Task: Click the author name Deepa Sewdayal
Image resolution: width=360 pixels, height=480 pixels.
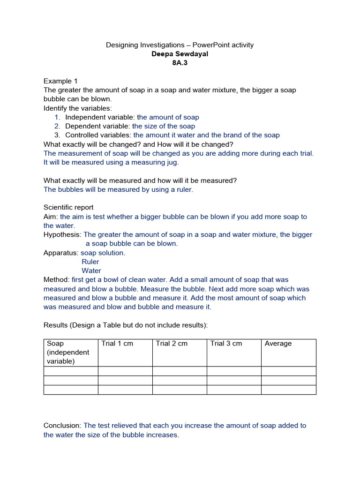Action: coord(180,54)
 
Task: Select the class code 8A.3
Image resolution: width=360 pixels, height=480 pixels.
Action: coord(180,63)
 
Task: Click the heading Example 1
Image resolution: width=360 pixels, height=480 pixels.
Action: coord(58,81)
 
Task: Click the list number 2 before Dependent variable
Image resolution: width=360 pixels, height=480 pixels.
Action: coord(57,126)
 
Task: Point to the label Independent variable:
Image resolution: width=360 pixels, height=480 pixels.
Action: coord(100,117)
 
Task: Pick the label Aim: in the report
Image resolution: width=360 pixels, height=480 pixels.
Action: coord(51,217)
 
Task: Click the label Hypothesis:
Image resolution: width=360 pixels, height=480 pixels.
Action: coord(62,234)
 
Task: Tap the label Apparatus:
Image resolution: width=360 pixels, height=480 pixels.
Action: coord(61,253)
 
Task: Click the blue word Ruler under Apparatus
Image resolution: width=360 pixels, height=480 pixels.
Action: coord(90,262)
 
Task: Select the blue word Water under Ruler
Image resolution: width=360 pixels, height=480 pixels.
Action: coord(91,270)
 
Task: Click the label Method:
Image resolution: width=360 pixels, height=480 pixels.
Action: coord(56,279)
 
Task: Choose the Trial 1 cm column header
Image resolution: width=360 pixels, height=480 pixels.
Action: coord(117,344)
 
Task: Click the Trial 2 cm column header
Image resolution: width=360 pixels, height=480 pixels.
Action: coord(172,344)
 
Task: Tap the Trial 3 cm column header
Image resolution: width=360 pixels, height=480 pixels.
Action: coord(226,344)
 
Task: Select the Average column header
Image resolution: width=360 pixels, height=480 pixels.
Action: coord(278,344)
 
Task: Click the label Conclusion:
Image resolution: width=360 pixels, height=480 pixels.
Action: coord(62,426)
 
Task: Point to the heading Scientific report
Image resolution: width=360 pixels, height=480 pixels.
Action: coord(68,207)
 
